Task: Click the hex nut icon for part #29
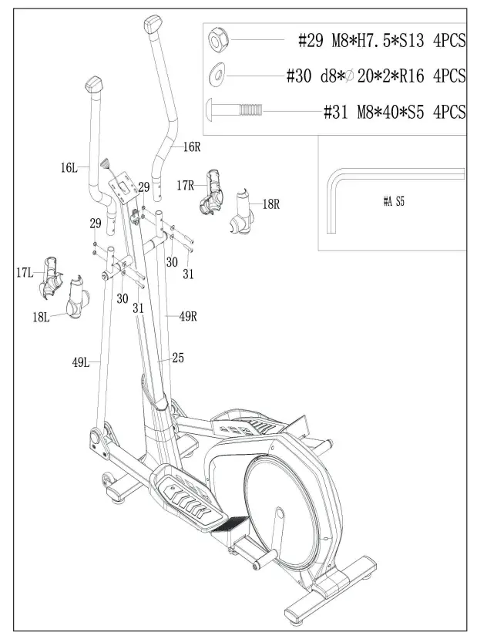(217, 38)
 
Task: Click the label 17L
(24, 272)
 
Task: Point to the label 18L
(40, 317)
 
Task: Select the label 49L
(80, 359)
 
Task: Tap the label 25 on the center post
(177, 358)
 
